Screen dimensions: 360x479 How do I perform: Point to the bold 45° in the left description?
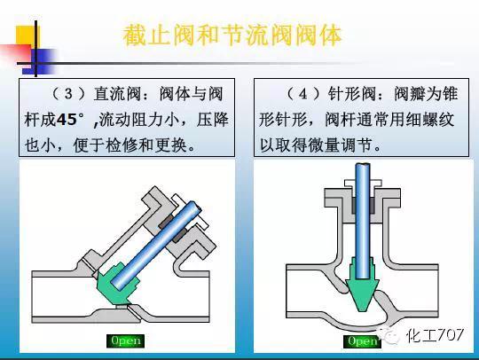click(75, 119)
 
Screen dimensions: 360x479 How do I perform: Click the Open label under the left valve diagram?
click(124, 340)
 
